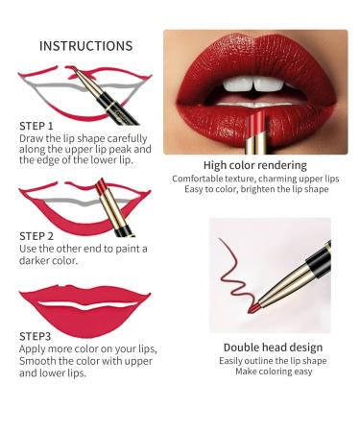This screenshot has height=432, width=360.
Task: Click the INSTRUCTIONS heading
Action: (84, 45)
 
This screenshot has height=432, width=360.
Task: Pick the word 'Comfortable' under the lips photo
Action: (204, 179)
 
